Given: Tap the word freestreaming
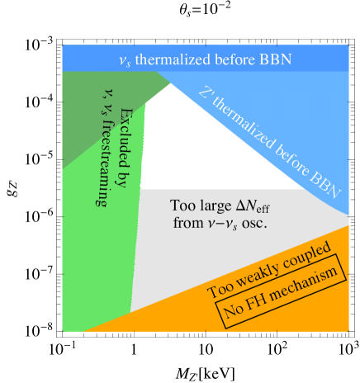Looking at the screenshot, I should [x=102, y=165].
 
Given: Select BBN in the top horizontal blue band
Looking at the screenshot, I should [x=269, y=59].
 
